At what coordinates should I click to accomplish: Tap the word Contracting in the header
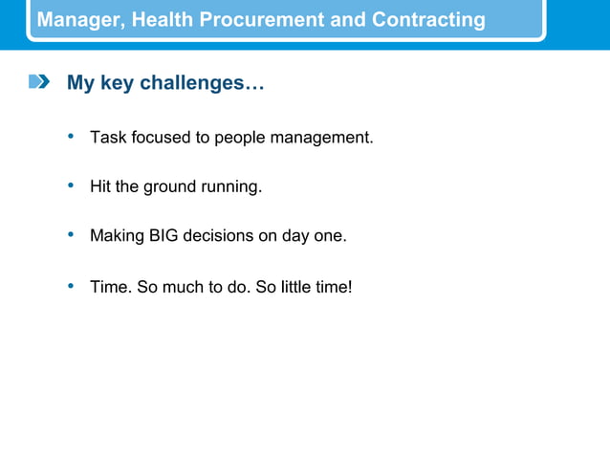428,20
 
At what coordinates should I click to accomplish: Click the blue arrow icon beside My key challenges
38,83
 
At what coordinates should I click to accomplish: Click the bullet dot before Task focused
71,137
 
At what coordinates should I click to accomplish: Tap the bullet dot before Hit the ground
71,185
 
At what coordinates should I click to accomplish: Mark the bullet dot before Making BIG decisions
71,234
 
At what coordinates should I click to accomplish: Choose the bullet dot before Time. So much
71,285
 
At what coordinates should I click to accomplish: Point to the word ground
169,187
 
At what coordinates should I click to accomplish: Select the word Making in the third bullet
117,235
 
